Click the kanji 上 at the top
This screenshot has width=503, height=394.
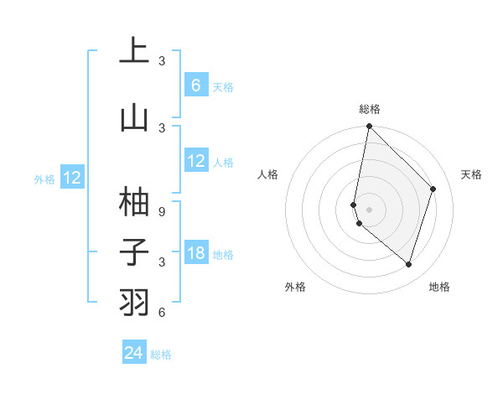[x=134, y=50]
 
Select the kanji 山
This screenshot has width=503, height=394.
[x=134, y=117]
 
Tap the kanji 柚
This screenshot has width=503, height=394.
[x=134, y=201]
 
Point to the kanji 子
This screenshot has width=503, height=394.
[x=134, y=251]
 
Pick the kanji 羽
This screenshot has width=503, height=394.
[x=134, y=302]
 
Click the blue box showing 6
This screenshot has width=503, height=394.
[x=195, y=86]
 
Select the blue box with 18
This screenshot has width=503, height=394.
[x=195, y=253]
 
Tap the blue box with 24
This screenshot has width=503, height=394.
[x=133, y=353]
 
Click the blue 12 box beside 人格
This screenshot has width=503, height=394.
[x=195, y=161]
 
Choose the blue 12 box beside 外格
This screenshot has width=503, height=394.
[x=72, y=178]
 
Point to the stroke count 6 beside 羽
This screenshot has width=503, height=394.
[x=162, y=313]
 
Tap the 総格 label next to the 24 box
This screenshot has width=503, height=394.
[x=161, y=355]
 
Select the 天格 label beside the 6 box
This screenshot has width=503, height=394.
[x=222, y=87]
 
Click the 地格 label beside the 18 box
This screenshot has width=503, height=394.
[x=223, y=255]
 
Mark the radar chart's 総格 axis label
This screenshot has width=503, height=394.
[x=369, y=109]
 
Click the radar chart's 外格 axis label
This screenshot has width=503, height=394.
[x=295, y=288]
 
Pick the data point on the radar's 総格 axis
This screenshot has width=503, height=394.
[x=369, y=127]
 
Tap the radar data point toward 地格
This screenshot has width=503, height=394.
[x=408, y=265]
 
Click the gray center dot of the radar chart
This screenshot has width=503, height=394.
[x=369, y=209]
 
